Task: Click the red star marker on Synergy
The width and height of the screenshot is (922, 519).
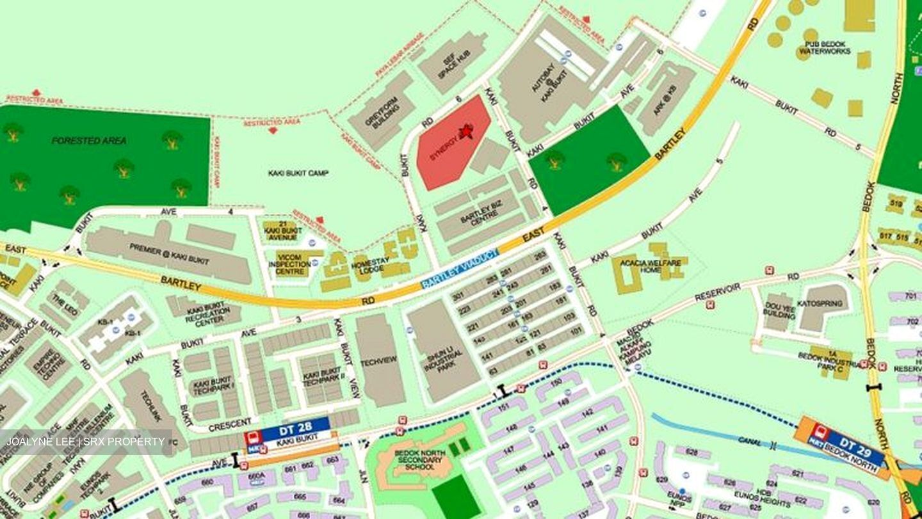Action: (x=467, y=131)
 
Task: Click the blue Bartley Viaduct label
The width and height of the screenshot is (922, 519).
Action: (x=459, y=268)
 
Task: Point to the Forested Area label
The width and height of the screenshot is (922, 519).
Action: (x=89, y=140)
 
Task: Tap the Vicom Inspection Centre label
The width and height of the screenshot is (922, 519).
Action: (x=293, y=264)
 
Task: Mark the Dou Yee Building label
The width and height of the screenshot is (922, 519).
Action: (x=779, y=310)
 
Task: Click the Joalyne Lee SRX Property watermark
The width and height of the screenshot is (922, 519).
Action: (x=86, y=442)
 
